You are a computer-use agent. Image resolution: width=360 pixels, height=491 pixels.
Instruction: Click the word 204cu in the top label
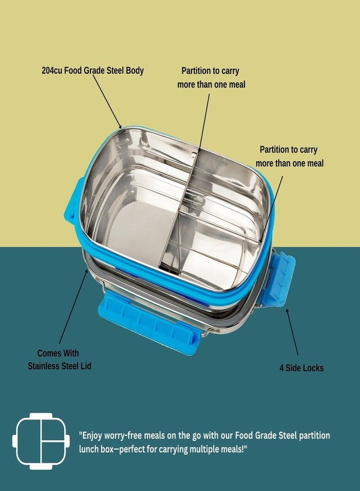coord(52,70)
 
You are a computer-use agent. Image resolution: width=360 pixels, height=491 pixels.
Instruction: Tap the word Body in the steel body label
coord(135,71)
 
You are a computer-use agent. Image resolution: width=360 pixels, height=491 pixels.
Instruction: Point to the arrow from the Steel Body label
coord(107,101)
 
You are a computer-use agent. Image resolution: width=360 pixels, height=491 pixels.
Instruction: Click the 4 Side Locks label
coord(302,368)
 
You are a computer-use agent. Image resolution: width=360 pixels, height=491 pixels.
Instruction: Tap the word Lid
coord(85,366)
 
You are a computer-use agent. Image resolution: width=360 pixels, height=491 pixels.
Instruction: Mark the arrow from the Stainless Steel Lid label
coord(73,306)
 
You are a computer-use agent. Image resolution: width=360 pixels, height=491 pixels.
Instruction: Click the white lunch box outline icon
coord(41,441)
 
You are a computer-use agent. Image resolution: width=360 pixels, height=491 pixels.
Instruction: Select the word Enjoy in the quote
coord(91,436)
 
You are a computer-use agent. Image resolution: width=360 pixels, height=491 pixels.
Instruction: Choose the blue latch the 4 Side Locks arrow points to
coord(279,279)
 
